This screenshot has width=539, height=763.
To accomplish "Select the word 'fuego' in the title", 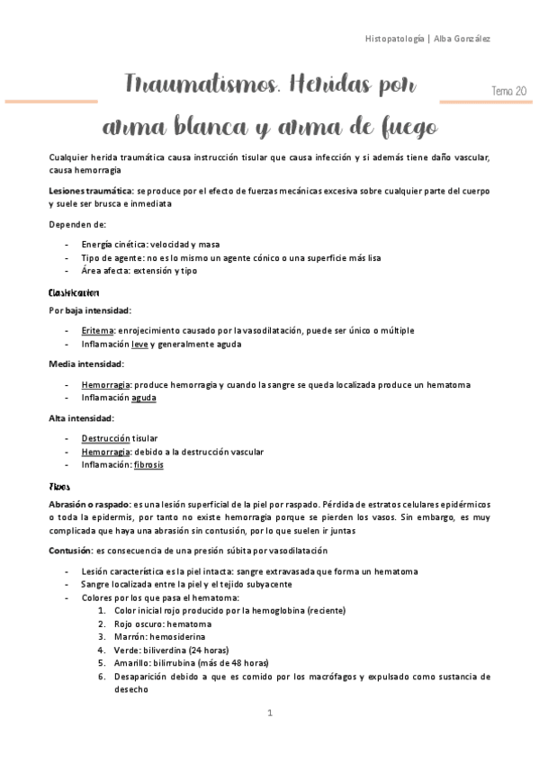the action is [x=400, y=122].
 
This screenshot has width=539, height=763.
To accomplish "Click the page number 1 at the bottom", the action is [x=269, y=713].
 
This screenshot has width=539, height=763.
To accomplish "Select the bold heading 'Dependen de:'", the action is [x=77, y=224].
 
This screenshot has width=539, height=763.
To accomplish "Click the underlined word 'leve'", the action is [x=139, y=344].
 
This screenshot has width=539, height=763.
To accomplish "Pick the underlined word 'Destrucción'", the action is [x=106, y=438].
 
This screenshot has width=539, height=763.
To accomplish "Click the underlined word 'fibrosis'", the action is [x=148, y=465].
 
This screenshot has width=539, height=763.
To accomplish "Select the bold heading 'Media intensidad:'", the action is [x=86, y=364].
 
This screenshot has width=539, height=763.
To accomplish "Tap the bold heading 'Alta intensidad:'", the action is [x=81, y=417].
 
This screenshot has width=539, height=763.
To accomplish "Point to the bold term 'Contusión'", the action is [x=71, y=551].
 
